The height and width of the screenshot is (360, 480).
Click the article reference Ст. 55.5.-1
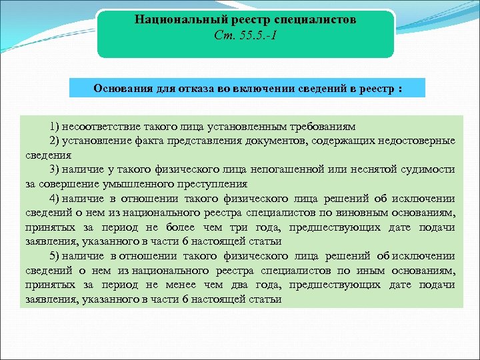coord(245,35)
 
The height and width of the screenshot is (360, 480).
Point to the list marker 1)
coord(54,126)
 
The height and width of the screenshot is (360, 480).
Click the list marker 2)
coord(54,141)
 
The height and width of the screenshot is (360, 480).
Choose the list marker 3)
coord(54,169)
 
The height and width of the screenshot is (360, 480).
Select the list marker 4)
coord(54,198)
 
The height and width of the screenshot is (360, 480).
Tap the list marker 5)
coord(54,256)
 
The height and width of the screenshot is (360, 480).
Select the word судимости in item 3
coord(429,169)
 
